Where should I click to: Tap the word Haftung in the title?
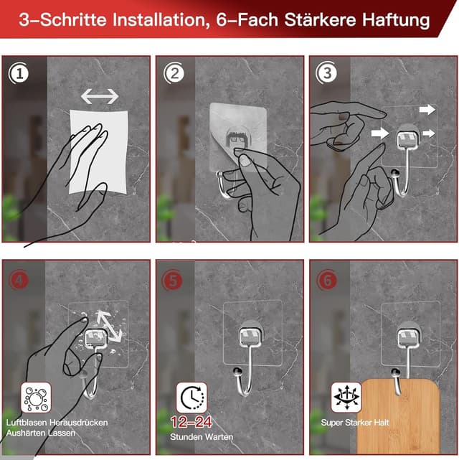(396, 21)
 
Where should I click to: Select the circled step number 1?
(19, 73)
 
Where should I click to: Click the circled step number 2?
(174, 73)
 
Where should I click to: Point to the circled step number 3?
(326, 72)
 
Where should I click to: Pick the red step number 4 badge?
(19, 280)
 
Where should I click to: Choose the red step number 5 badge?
(172, 280)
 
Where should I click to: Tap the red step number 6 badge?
(326, 280)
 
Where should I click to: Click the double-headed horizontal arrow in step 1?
(100, 96)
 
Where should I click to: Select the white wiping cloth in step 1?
(98, 151)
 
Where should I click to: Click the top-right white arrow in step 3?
(427, 110)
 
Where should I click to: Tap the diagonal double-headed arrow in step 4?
(109, 326)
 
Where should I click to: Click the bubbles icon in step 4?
(36, 398)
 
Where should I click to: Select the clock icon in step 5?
(191, 398)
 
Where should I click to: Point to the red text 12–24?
(191, 422)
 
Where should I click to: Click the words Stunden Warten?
(202, 437)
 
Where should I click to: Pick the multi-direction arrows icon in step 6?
(346, 398)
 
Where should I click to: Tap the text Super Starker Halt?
(355, 423)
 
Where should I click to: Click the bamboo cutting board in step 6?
(399, 416)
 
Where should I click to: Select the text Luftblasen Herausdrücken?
(57, 423)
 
